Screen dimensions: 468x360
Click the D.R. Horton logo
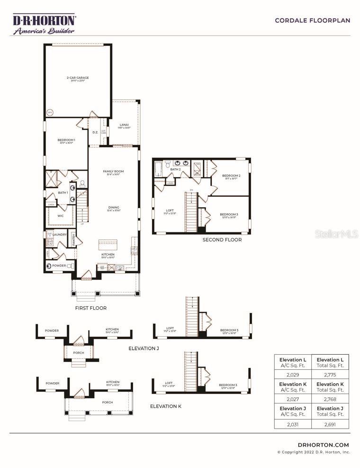click(x=44, y=24)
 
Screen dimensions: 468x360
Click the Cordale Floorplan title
click(x=312, y=20)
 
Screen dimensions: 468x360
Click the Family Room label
click(x=113, y=172)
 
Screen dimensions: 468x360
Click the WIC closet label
click(x=61, y=216)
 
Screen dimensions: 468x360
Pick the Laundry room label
click(x=59, y=235)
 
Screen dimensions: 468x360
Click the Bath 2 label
click(x=176, y=169)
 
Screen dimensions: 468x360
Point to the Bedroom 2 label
click(x=231, y=176)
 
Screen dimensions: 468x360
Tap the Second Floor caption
click(x=222, y=240)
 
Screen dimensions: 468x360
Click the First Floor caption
click(x=91, y=308)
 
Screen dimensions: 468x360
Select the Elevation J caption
click(x=144, y=349)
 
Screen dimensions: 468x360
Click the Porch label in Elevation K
click(x=107, y=403)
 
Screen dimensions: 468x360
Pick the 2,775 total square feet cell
click(x=330, y=375)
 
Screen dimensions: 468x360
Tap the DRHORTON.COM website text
click(x=324, y=445)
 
